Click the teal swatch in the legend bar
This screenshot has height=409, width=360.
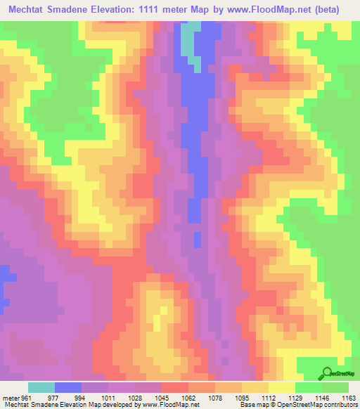pos(41,387)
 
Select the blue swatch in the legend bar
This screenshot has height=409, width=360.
pos(68,387)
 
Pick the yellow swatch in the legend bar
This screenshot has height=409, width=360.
pos(282,387)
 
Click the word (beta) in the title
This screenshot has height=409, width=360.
pos(335,9)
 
